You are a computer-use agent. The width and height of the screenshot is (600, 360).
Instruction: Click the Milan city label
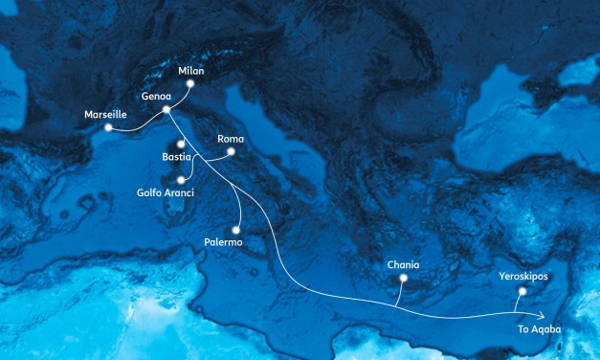pyautogui.click(x=192, y=71)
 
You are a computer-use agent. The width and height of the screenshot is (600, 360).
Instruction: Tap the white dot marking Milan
pyautogui.click(x=190, y=84)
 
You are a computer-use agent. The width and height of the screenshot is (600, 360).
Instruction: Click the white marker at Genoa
pyautogui.click(x=167, y=109)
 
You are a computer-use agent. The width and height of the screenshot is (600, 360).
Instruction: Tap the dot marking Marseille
pyautogui.click(x=109, y=127)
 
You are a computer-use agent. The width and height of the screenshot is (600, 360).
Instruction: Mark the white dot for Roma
pyautogui.click(x=231, y=150)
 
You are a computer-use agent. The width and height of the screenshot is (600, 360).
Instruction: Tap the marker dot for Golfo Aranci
pyautogui.click(x=180, y=178)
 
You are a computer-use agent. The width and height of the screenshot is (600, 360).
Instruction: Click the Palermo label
pyautogui.click(x=224, y=242)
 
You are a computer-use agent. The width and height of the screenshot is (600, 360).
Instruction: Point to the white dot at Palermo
pyautogui.click(x=235, y=230)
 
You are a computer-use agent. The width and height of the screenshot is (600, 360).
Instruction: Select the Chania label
pyautogui.click(x=403, y=264)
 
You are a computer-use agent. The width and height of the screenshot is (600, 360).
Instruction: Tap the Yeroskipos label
pyautogui.click(x=523, y=277)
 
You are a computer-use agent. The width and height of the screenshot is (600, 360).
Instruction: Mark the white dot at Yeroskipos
pyautogui.click(x=522, y=290)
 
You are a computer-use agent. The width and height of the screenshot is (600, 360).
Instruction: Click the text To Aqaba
pyautogui.click(x=538, y=329)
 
